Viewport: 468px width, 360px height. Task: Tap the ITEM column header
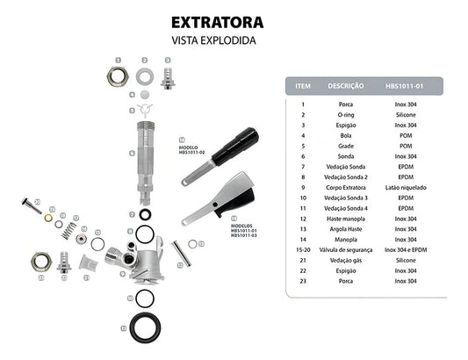point(304,86)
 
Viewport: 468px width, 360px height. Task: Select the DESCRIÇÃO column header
point(346,86)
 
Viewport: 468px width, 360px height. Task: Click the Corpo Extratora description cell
point(346,188)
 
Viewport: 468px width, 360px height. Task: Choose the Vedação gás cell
point(346,260)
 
